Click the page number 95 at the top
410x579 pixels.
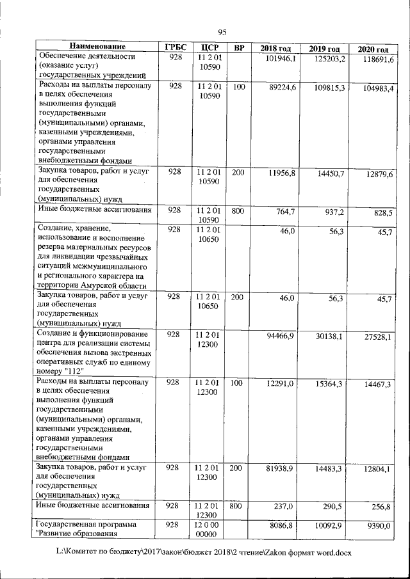point(222,33)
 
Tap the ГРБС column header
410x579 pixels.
point(175,48)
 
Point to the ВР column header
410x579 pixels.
point(239,48)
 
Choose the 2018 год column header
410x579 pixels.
point(275,49)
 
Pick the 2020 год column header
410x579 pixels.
point(373,50)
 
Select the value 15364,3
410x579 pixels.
point(330,384)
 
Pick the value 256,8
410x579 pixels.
point(381,507)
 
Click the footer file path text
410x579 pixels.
point(204,551)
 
